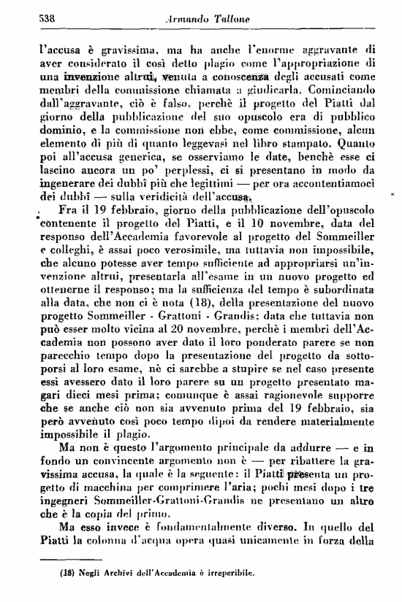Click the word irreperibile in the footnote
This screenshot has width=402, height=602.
tap(226, 574)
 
